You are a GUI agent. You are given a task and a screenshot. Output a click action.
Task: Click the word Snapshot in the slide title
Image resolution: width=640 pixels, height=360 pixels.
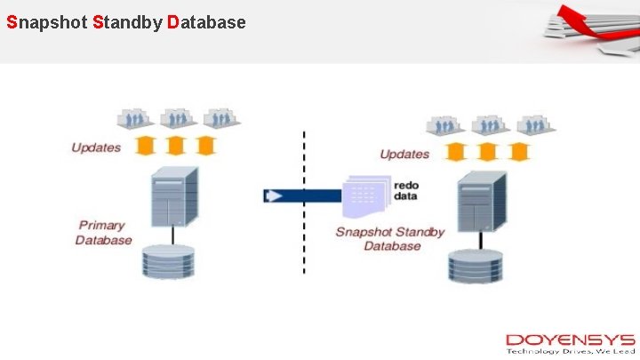(x=45, y=22)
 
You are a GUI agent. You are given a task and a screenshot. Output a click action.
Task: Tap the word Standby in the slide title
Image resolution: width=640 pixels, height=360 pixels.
(x=125, y=22)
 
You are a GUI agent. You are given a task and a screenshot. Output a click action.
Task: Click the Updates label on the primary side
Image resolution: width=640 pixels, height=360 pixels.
(x=96, y=147)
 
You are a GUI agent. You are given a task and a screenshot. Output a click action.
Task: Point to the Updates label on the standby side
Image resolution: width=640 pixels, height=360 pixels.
(x=404, y=154)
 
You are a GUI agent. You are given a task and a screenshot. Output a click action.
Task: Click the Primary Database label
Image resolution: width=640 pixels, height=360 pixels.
(x=103, y=232)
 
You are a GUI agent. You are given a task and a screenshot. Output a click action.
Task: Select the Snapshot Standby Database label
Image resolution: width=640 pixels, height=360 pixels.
(x=390, y=238)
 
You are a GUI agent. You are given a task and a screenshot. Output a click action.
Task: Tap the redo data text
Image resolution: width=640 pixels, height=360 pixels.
(x=406, y=189)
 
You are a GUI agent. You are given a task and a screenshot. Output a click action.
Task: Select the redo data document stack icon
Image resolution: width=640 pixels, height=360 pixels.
(x=366, y=196)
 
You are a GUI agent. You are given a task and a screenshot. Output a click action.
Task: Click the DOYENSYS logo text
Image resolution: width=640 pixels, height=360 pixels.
(x=570, y=340)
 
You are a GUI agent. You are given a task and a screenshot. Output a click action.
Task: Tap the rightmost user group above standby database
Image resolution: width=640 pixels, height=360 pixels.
(x=532, y=124)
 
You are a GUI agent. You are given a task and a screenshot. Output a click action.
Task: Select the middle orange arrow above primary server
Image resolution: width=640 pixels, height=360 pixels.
(x=176, y=145)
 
